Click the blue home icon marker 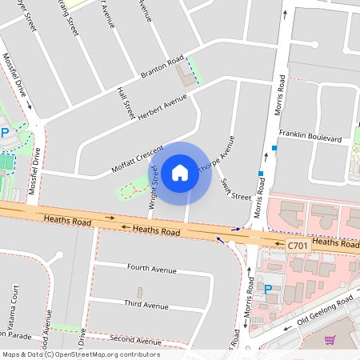pyautogui.click(x=180, y=172)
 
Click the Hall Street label pyautogui.click(x=126, y=104)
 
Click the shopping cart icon pyautogui.click(x=330, y=340)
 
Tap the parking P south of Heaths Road pyautogui.click(x=268, y=289)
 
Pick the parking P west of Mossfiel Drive pyautogui.click(x=5, y=133)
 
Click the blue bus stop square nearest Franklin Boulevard pyautogui.click(x=274, y=148)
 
